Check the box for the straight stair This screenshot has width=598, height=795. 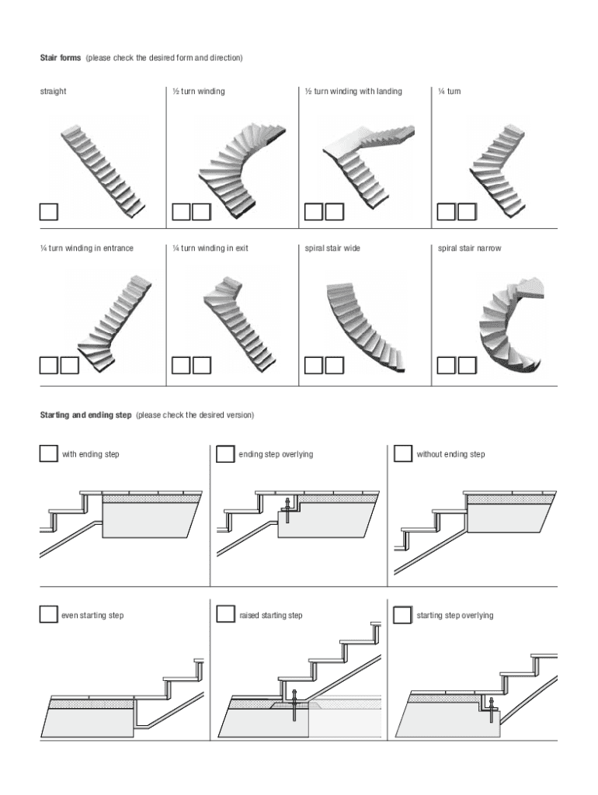click(x=49, y=212)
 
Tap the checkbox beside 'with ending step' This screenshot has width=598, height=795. click(x=48, y=453)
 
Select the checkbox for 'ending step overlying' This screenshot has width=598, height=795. click(x=225, y=453)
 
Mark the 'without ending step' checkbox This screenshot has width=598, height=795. click(x=403, y=453)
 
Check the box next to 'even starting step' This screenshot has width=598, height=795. click(x=48, y=615)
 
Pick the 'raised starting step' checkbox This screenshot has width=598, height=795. click(x=225, y=615)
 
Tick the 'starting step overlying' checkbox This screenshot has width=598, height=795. click(x=403, y=615)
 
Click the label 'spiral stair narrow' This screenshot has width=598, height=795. click(x=469, y=248)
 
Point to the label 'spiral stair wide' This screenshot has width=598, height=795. click(x=332, y=248)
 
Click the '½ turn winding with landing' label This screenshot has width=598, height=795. click(x=353, y=92)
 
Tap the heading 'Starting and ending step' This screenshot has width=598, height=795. click(x=86, y=415)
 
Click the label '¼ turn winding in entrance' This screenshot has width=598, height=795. click(x=87, y=248)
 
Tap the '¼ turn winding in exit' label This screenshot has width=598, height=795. click(x=210, y=248)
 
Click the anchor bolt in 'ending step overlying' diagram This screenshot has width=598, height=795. click(x=287, y=509)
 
